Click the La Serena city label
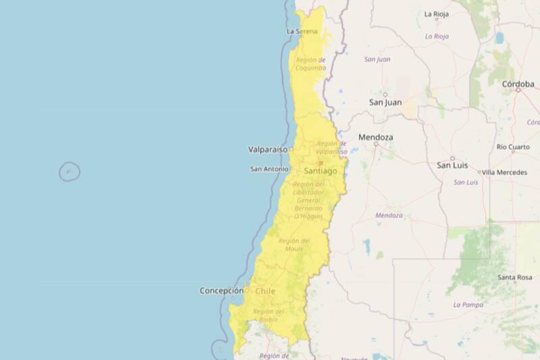click(x=302, y=31)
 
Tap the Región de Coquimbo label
click(x=310, y=64)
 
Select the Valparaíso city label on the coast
click(x=267, y=149)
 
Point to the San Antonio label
click(x=269, y=169)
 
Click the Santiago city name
click(x=320, y=172)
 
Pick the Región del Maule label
click(x=294, y=245)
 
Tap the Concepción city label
click(x=221, y=290)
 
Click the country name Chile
click(x=265, y=291)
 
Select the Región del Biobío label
click(x=269, y=315)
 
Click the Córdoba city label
click(x=518, y=84)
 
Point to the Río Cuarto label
click(x=513, y=147)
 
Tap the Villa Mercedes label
click(x=504, y=172)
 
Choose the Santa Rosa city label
click(x=514, y=278)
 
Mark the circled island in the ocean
click(x=70, y=172)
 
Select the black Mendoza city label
click(x=375, y=137)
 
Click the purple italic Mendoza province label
click(x=389, y=215)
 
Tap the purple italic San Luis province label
click(x=466, y=182)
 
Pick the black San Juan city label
click(x=385, y=102)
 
